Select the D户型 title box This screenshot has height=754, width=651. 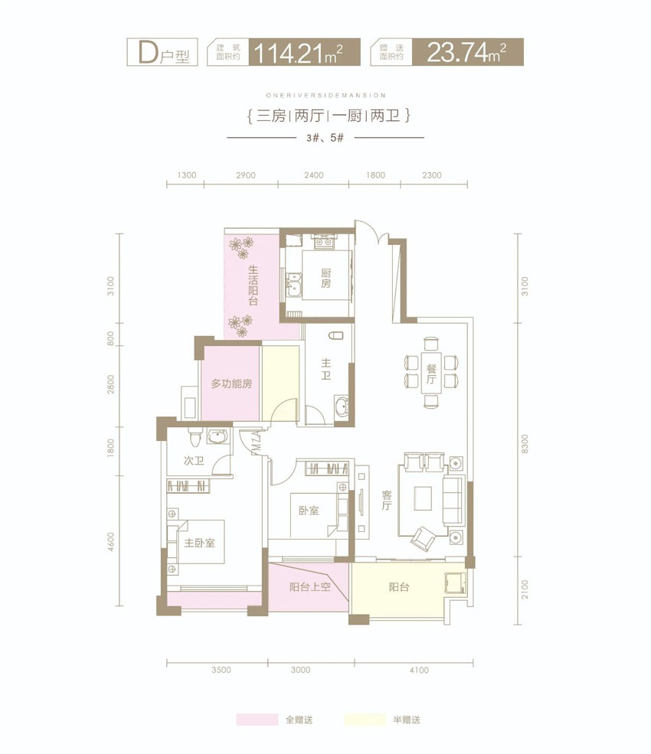coord(162,54)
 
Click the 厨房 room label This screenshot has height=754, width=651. coord(325,273)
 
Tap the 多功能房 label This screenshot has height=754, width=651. coord(231,384)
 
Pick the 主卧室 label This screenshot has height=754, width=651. coord(198,543)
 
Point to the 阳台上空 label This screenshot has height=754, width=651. coord(309,587)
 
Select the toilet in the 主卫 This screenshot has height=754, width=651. coord(335,338)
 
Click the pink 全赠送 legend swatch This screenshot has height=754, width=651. coord(257,720)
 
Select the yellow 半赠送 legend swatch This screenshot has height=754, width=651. coord(364,720)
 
